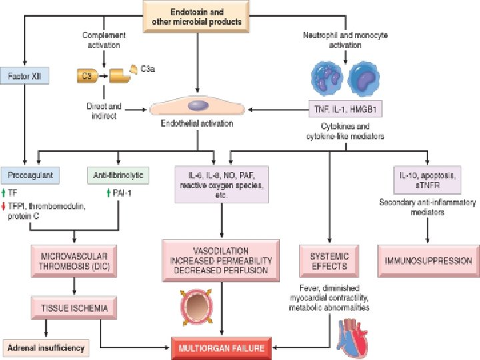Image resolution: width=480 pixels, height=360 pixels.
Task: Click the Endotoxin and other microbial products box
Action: [x=197, y=15]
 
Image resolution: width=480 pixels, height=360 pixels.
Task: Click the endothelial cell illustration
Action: [x=197, y=105]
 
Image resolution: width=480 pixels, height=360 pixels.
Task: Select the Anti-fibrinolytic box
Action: [x=119, y=175]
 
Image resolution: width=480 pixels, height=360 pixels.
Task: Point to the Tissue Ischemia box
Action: [x=74, y=307]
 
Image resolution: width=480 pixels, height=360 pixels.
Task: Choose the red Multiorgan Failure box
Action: [x=220, y=347]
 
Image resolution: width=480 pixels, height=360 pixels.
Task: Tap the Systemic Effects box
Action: [x=329, y=261]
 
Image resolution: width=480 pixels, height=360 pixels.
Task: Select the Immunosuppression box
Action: [x=427, y=261]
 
